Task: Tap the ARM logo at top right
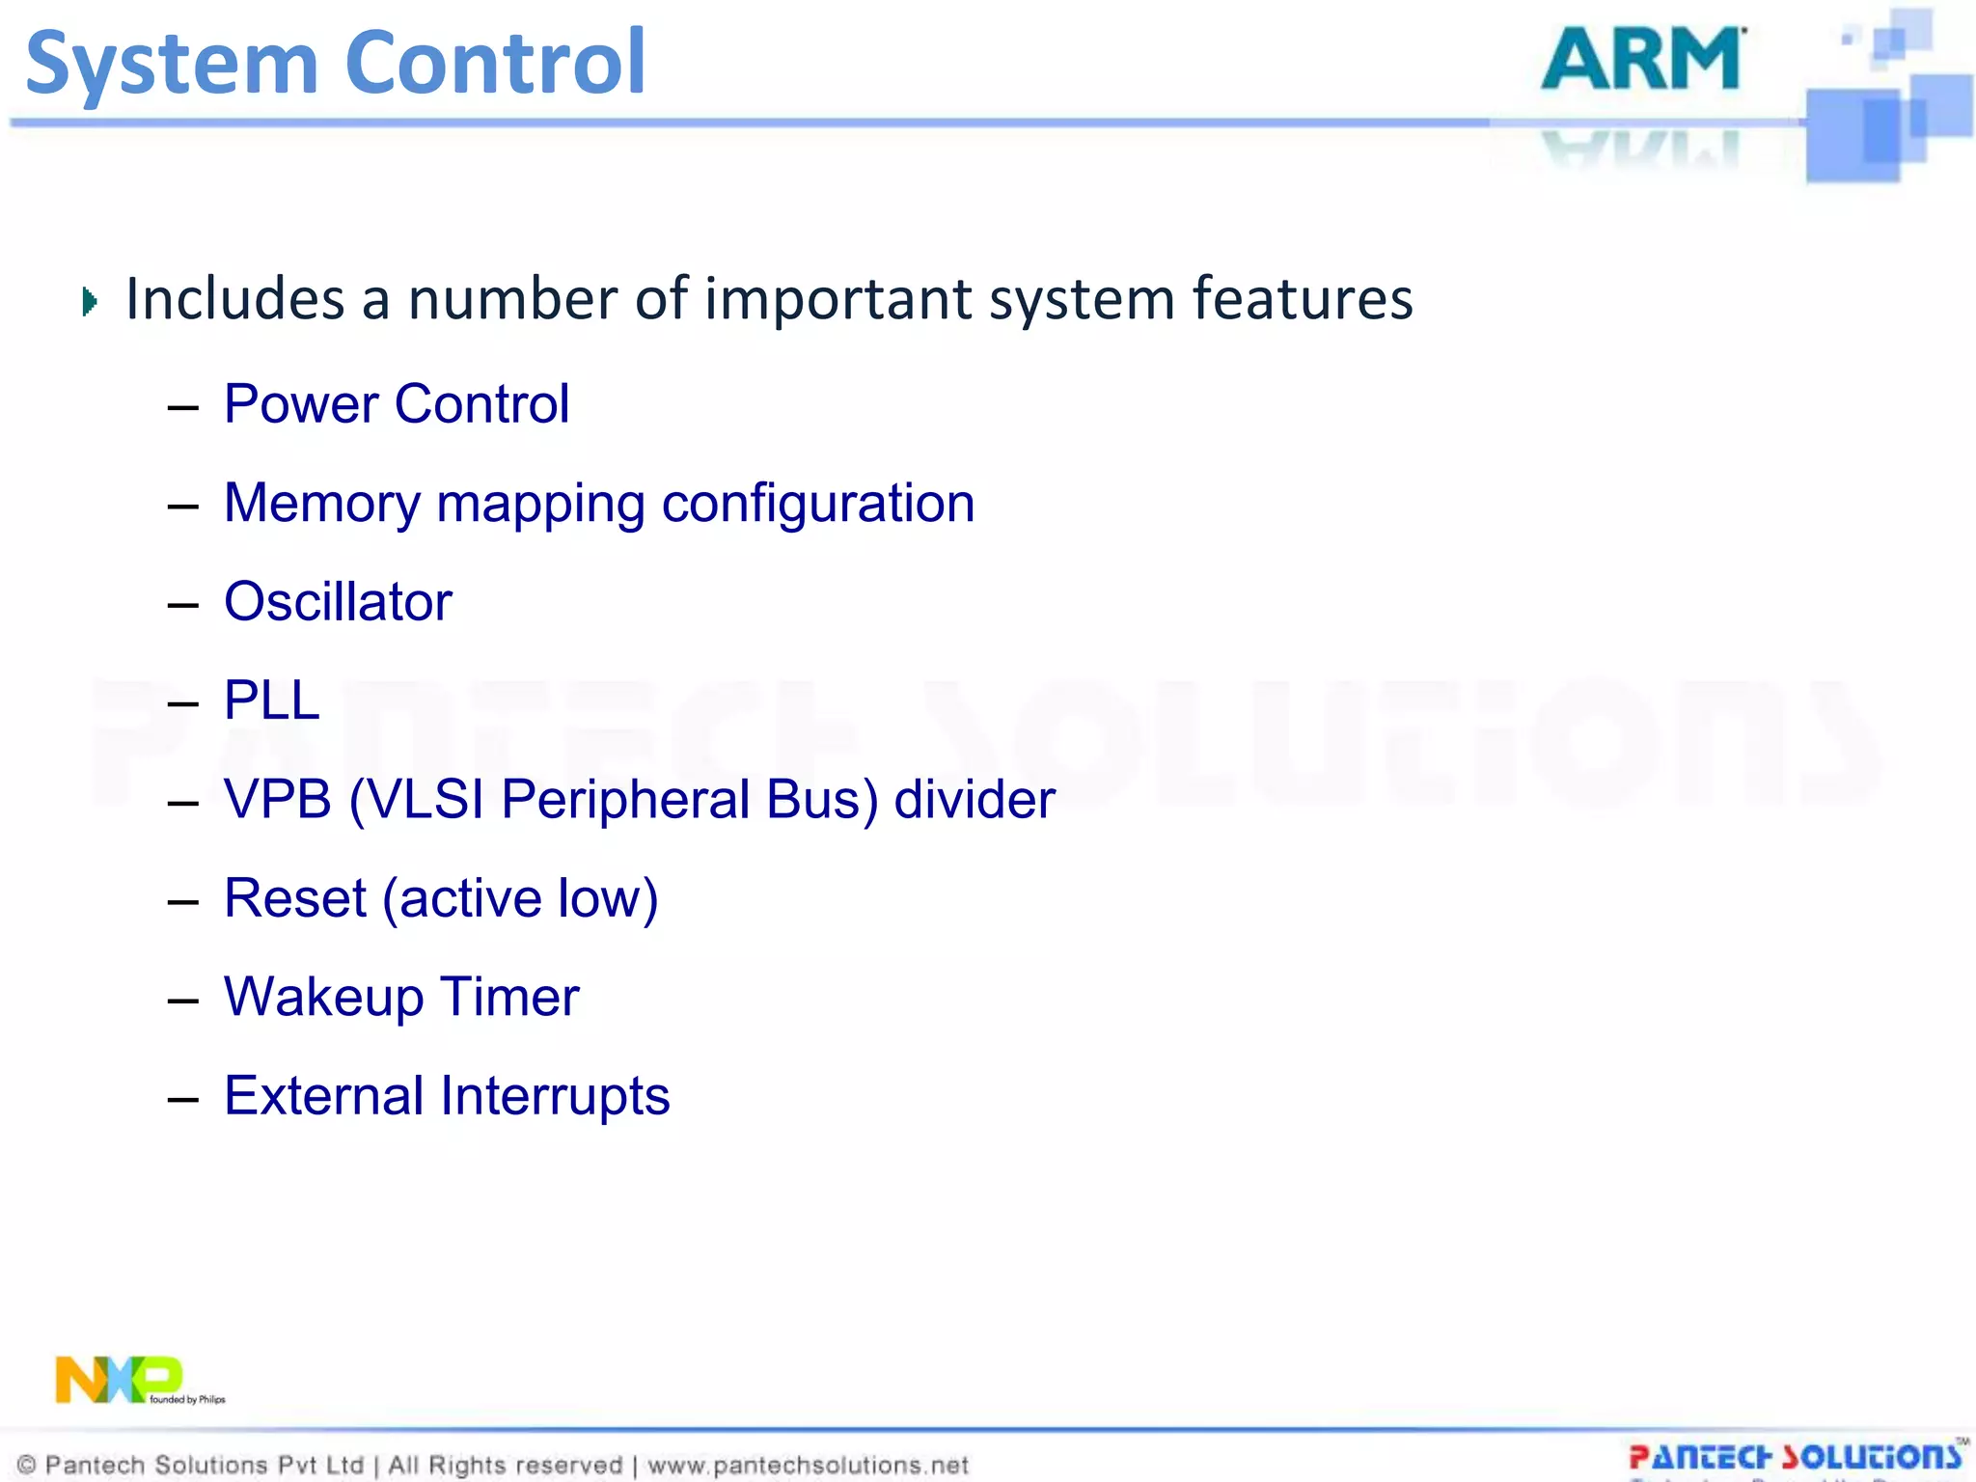pos(1642,60)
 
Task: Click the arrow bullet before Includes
pos(90,302)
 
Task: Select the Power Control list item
pos(396,403)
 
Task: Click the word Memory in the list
pos(321,504)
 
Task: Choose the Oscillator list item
pos(338,602)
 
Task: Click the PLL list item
pos(271,700)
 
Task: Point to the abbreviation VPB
pos(278,800)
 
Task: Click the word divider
pos(974,800)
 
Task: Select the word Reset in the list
pos(294,898)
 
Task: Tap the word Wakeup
pos(323,998)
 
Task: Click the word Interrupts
pos(555,1096)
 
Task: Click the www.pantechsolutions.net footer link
pos(808,1466)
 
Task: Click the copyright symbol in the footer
pos(27,1466)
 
